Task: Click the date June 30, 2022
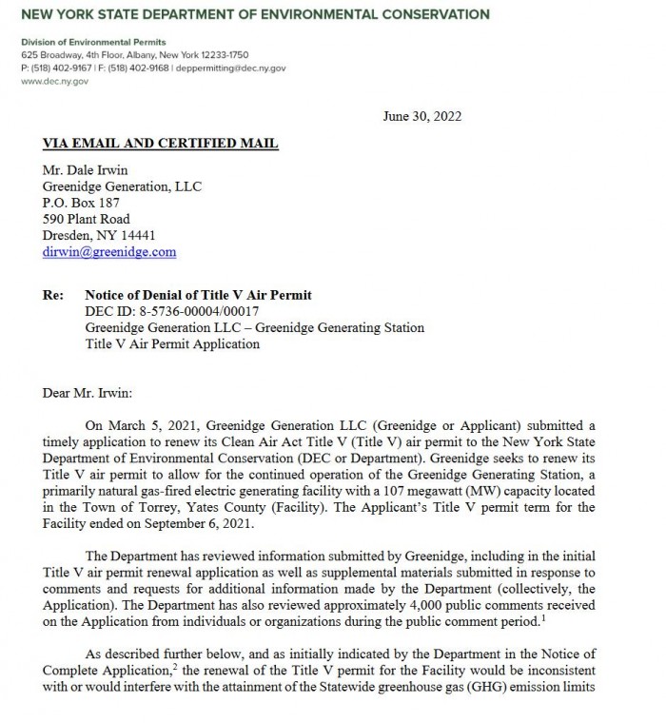click(x=422, y=117)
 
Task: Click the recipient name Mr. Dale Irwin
click(x=88, y=171)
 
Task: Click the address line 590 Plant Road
click(x=88, y=220)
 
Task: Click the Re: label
click(x=53, y=296)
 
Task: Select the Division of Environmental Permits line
click(x=93, y=43)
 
